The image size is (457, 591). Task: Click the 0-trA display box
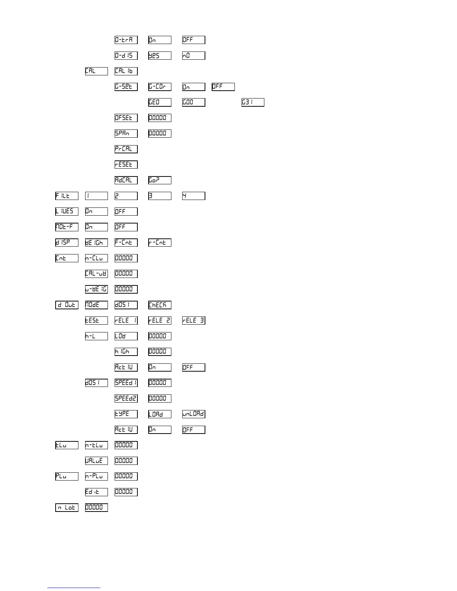pyautogui.click(x=126, y=40)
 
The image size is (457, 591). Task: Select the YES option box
pyautogui.click(x=160, y=56)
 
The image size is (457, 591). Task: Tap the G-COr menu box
pyautogui.click(x=160, y=87)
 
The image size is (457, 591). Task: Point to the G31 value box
pyautogui.click(x=253, y=102)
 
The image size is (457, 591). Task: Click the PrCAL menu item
pyautogui.click(x=126, y=149)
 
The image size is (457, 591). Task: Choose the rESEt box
pyautogui.click(x=126, y=165)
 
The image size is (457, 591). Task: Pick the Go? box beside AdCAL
pyautogui.click(x=160, y=180)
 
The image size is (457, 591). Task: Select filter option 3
pyautogui.click(x=160, y=196)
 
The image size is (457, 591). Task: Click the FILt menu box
pyautogui.click(x=67, y=196)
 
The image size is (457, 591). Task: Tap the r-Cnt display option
pyautogui.click(x=160, y=243)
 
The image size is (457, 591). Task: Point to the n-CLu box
pyautogui.click(x=96, y=258)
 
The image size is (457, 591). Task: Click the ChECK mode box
pyautogui.click(x=160, y=305)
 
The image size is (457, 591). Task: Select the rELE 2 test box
pyautogui.click(x=160, y=320)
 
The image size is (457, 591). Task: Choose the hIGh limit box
pyautogui.click(x=126, y=351)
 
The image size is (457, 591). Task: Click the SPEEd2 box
pyautogui.click(x=126, y=398)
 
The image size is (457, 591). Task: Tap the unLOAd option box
pyautogui.click(x=193, y=414)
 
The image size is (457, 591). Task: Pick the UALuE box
pyautogui.click(x=96, y=461)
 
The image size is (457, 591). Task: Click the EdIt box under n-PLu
pyautogui.click(x=96, y=492)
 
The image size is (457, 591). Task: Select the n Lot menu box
pyautogui.click(x=67, y=507)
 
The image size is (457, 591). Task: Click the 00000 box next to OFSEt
pyautogui.click(x=160, y=118)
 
